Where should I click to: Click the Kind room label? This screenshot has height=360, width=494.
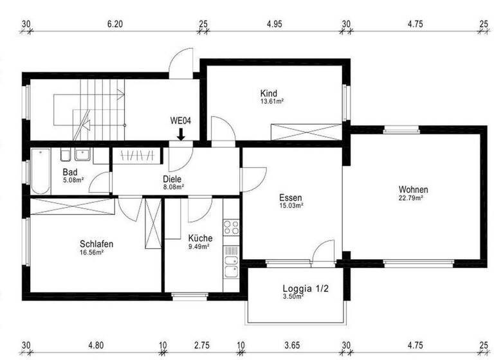point(269,93)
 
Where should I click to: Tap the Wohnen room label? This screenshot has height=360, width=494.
point(413,190)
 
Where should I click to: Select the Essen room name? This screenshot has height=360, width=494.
point(291,198)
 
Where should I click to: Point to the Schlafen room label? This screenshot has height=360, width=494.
point(97,244)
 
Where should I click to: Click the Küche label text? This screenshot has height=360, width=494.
point(200,238)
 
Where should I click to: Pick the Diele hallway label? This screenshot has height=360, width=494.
point(172,179)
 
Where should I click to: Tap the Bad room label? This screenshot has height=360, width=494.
point(70,172)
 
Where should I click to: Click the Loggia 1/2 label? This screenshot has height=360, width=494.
point(306,289)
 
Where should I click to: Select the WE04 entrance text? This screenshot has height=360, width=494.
point(181,120)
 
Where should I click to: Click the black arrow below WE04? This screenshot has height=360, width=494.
point(181,134)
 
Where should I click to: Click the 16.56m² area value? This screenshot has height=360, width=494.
point(92,253)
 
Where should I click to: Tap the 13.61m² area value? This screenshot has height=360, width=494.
point(272,102)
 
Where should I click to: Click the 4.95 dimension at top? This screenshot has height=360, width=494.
point(275,24)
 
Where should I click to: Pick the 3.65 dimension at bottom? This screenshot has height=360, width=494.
point(293,345)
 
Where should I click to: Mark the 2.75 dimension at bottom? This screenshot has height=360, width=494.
point(203,345)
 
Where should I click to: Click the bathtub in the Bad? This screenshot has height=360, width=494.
point(41,172)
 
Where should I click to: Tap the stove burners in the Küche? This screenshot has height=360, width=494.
point(231,227)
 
